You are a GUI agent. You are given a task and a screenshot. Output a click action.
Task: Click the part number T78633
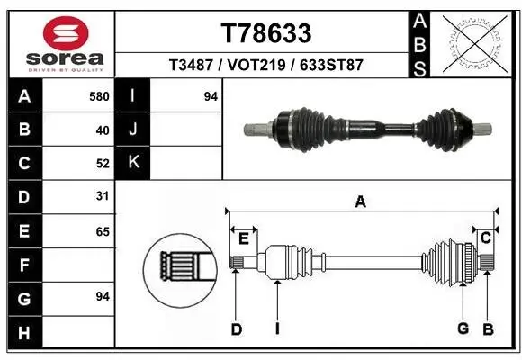[266, 33]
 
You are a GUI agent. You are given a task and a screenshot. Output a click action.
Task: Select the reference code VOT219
[254, 65]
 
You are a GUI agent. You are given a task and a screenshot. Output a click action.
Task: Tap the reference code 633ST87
[330, 65]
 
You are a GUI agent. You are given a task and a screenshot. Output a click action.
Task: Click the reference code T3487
[190, 65]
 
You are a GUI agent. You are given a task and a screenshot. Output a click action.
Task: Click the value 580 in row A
[99, 96]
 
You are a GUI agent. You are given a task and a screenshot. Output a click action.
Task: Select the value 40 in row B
[102, 130]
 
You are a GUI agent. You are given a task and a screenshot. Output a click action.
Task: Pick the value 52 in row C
[102, 164]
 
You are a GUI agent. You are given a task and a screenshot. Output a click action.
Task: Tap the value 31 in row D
[102, 197]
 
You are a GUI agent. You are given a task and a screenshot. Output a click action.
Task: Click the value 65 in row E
[102, 231]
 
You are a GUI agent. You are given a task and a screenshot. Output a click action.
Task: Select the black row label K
[133, 164]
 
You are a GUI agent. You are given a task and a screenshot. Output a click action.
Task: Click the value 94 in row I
[211, 96]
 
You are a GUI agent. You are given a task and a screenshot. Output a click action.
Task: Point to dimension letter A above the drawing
[360, 202]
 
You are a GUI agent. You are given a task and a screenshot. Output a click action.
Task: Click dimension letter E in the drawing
[243, 238]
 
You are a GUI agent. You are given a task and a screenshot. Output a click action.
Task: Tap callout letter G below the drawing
[463, 328]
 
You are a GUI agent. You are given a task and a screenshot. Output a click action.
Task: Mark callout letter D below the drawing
[236, 329]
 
